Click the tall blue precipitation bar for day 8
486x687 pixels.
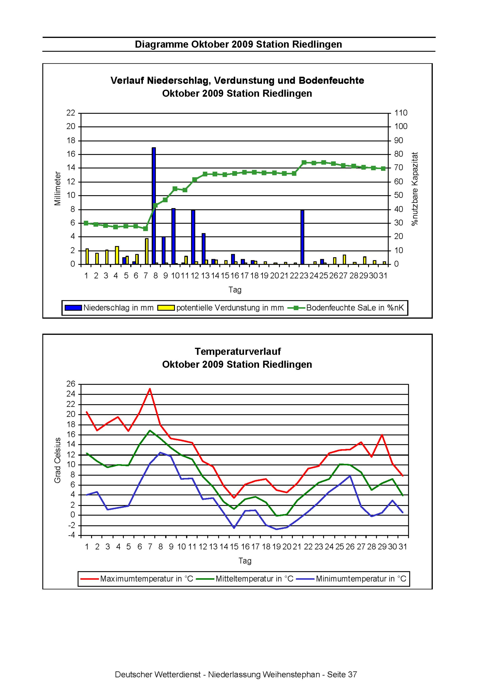(154, 207)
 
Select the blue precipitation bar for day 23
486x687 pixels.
(302, 237)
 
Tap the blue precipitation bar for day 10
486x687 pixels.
(173, 236)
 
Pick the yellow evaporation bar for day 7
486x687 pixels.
(147, 251)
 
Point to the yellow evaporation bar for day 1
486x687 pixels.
(87, 256)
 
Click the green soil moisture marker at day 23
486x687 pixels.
(304, 163)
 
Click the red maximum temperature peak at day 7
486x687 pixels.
(150, 389)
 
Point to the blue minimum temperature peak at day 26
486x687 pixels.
(350, 476)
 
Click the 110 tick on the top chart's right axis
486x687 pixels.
(401, 113)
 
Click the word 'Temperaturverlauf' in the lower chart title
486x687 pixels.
(238, 351)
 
